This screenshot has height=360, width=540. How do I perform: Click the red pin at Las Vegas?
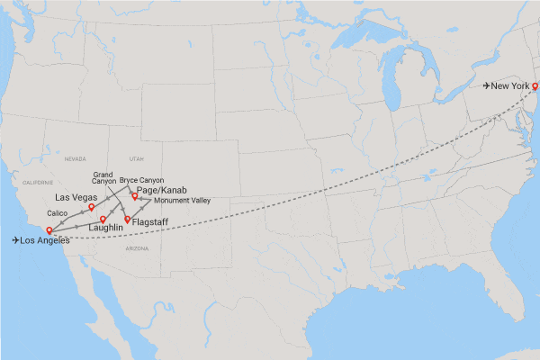(x=92, y=207)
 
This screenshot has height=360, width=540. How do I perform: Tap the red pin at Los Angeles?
(x=49, y=230)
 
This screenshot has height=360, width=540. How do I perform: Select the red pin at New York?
(x=535, y=86)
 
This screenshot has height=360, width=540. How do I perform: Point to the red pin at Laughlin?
(x=103, y=219)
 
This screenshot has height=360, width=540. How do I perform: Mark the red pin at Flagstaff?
(x=128, y=220)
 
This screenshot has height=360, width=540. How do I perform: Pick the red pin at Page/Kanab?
(x=135, y=195)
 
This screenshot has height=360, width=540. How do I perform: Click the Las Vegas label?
(x=76, y=196)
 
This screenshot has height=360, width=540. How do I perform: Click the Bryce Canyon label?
(x=142, y=180)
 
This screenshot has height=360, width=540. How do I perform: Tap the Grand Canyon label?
(x=104, y=177)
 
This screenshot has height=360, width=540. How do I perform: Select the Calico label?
(x=58, y=212)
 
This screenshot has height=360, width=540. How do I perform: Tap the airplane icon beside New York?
(x=488, y=85)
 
